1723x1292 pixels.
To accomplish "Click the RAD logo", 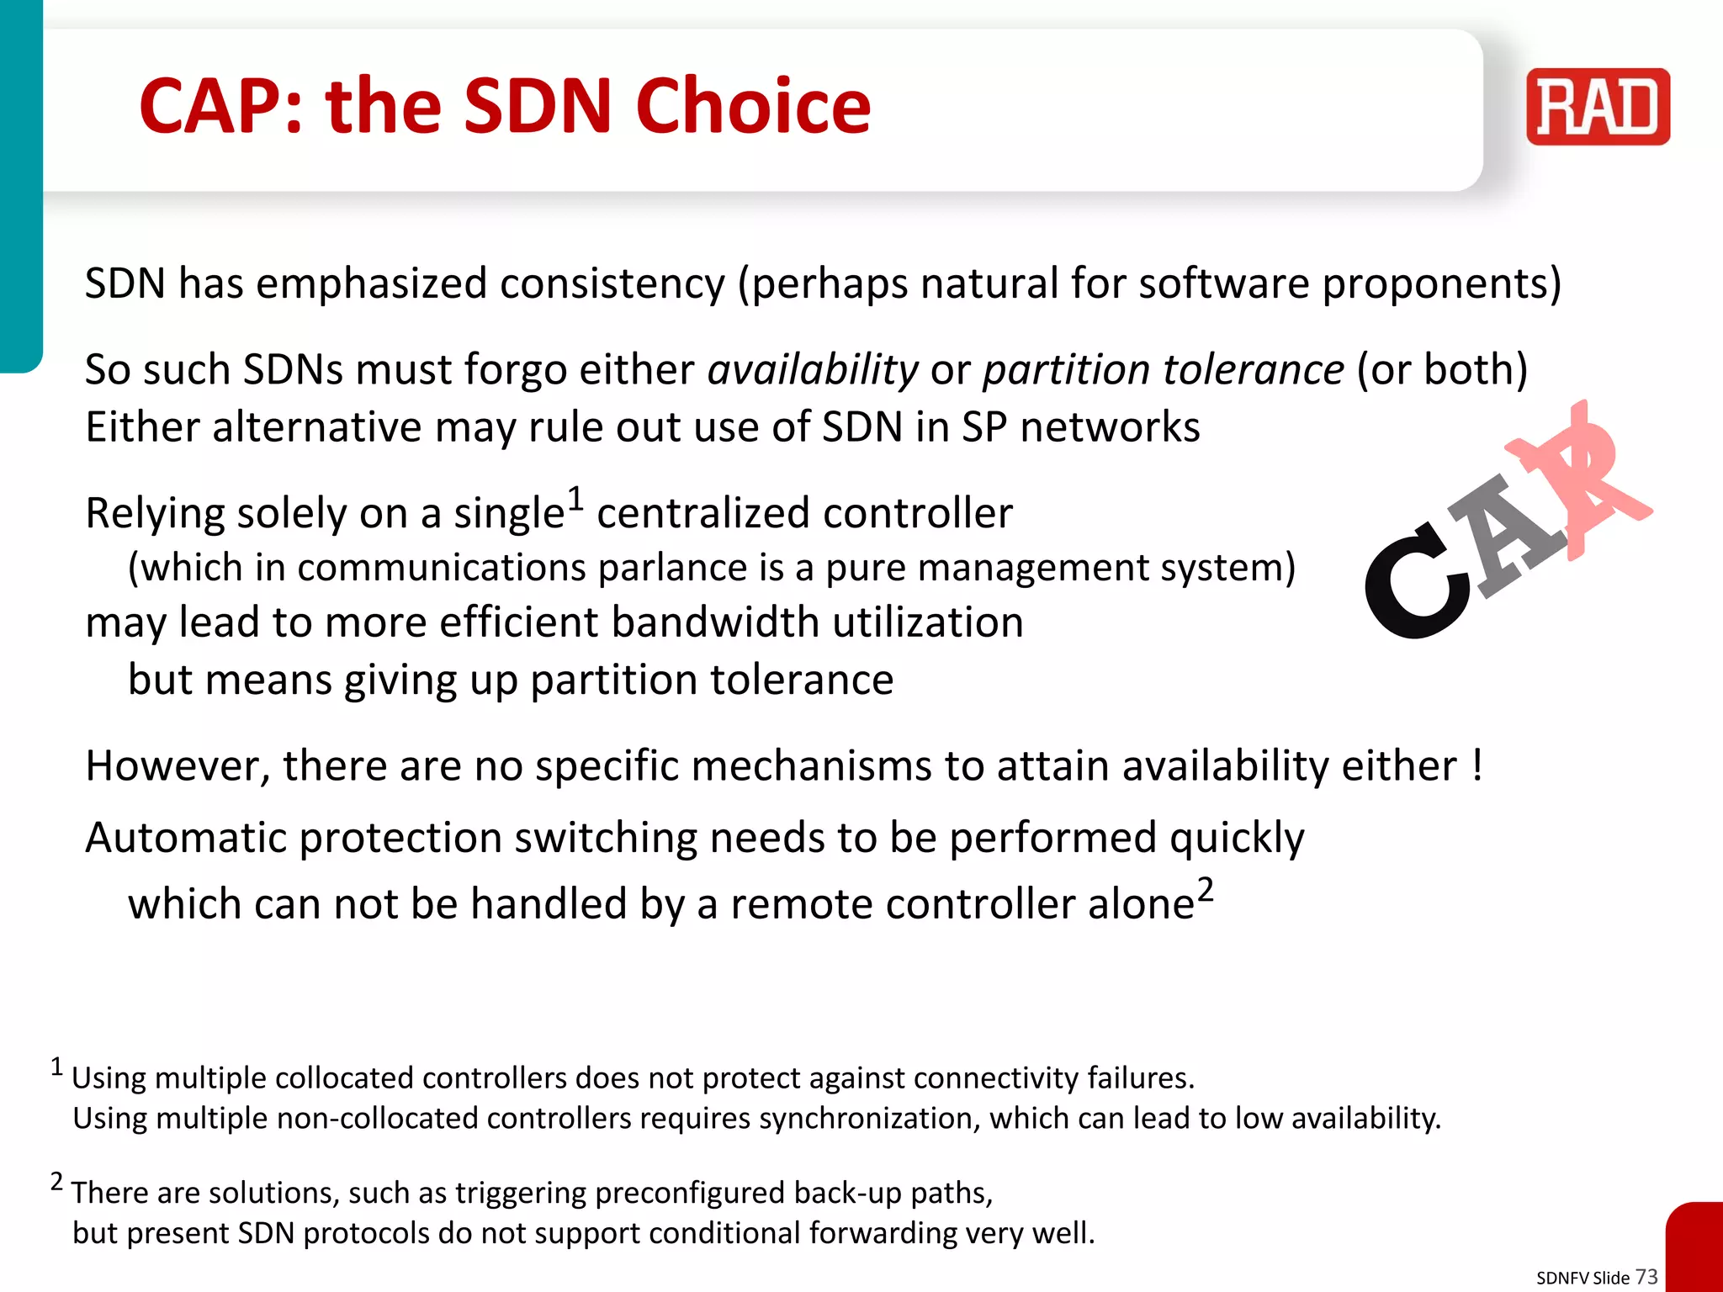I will point(1598,107).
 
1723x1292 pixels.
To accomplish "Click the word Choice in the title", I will point(753,107).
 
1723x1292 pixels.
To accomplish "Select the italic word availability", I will point(813,370).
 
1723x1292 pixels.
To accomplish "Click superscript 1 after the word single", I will point(575,499).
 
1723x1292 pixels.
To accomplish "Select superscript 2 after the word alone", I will point(1206,889).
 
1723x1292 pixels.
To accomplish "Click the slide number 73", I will point(1646,1276).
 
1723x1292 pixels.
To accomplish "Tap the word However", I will point(177,767).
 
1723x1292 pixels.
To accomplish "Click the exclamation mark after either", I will point(1478,765).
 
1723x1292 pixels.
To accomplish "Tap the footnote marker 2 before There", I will point(56,1182).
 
